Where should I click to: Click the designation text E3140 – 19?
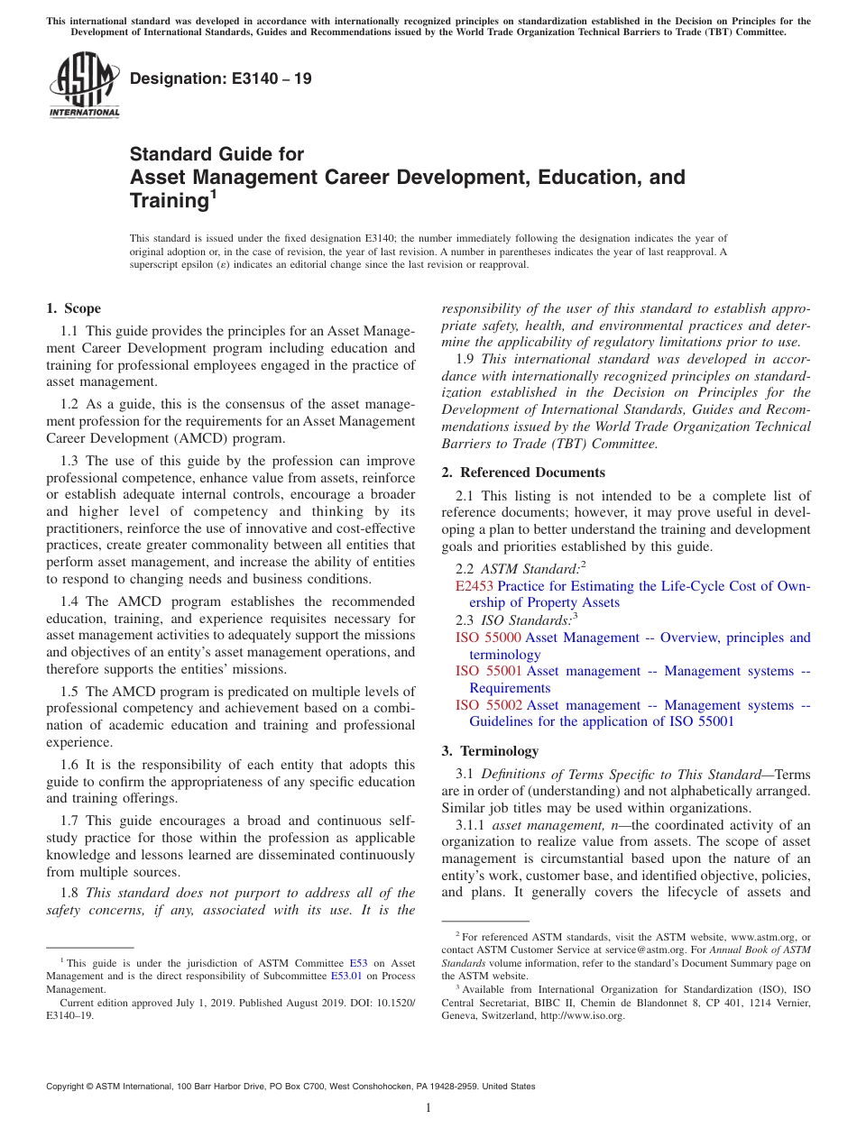point(221,78)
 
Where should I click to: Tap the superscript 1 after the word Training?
point(214,194)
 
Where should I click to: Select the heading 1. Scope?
point(74,308)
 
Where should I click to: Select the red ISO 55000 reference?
point(488,638)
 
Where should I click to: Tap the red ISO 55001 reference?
point(488,671)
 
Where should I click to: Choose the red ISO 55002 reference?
point(488,705)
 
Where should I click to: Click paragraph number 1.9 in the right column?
point(465,359)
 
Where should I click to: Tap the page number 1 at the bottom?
point(428,1108)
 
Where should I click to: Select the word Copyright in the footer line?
point(66,1087)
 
